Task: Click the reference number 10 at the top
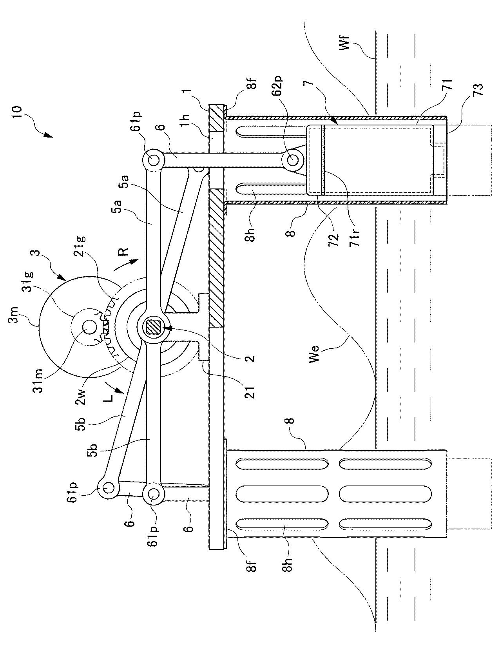point(17,114)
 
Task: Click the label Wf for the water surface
point(344,43)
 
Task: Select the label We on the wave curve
point(314,354)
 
